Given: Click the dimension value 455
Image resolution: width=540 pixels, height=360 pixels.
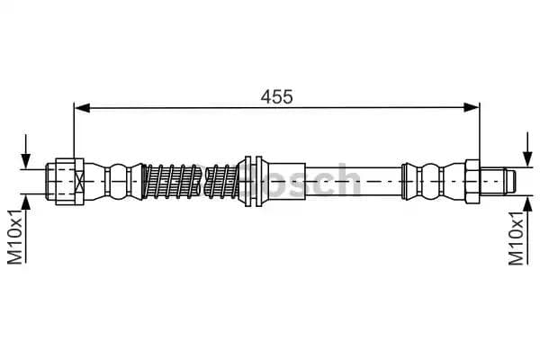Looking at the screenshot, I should click(x=277, y=96).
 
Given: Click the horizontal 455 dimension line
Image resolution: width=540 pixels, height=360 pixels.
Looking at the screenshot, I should click(x=180, y=109).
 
